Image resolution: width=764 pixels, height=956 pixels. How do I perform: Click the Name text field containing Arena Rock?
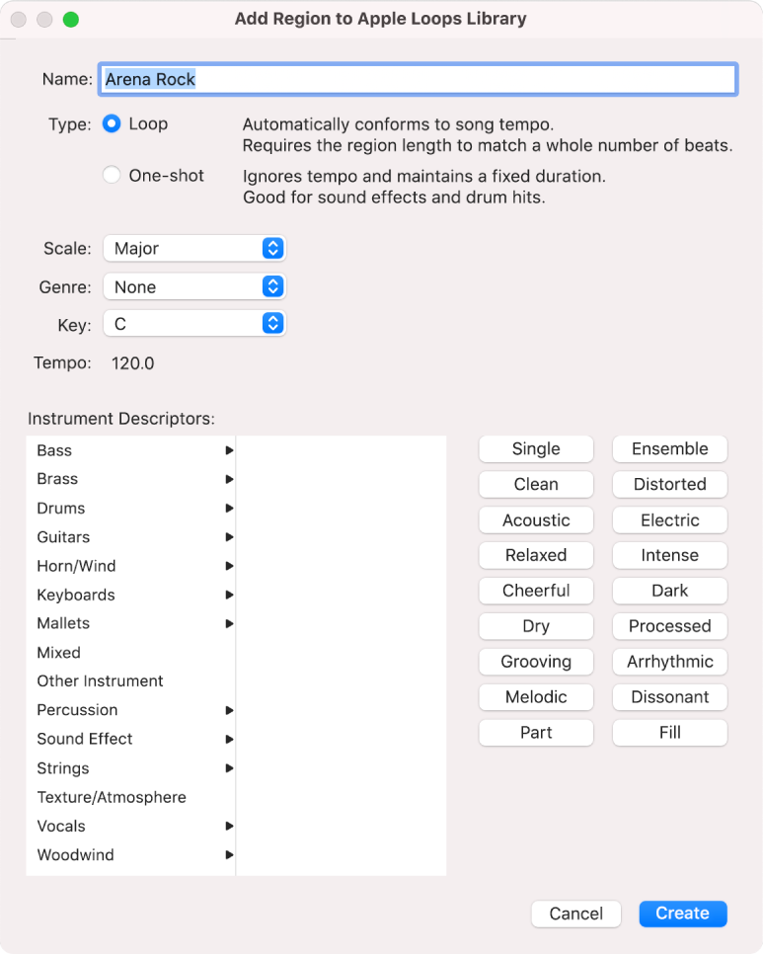(417, 80)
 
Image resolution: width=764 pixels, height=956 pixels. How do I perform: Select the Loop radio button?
(113, 124)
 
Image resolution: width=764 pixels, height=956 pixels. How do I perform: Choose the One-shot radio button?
(113, 176)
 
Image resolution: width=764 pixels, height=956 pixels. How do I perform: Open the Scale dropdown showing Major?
(194, 249)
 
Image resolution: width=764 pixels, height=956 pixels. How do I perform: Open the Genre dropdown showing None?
(194, 287)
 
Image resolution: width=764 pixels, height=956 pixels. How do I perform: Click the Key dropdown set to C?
(194, 324)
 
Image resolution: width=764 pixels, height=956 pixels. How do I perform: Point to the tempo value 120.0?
(132, 363)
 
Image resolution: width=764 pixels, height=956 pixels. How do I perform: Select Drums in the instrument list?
(61, 509)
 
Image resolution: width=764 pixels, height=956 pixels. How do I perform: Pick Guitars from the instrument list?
(63, 537)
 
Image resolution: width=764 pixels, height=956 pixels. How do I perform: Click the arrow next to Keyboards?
(229, 596)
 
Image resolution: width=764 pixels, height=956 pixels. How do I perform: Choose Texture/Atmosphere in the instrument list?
(112, 797)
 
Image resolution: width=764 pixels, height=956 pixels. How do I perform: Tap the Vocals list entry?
(61, 826)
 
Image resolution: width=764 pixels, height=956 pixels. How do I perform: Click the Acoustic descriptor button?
(536, 520)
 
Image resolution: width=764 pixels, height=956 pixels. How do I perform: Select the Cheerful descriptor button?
(536, 591)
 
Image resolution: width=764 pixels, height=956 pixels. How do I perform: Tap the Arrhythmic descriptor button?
(670, 662)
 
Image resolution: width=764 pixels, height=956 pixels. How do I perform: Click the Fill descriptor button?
(670, 733)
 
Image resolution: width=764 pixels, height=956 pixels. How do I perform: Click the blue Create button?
(682, 914)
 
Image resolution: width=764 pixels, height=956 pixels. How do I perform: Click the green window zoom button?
(70, 20)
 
